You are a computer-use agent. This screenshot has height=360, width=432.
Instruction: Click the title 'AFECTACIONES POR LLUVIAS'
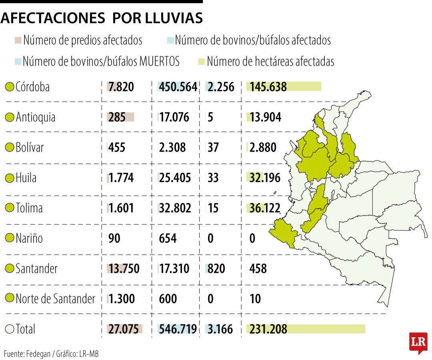(102, 18)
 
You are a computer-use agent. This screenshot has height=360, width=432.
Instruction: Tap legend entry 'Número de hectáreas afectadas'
(270, 61)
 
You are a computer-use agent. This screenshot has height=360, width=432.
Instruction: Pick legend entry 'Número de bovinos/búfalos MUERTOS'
(101, 61)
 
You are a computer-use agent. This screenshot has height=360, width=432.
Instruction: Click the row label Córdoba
(32, 87)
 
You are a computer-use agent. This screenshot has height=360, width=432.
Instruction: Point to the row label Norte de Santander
(55, 298)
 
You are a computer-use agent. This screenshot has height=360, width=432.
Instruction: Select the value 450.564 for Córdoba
(178, 87)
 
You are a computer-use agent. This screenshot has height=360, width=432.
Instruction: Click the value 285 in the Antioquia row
(117, 117)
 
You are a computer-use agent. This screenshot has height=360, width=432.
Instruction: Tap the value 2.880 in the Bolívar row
(263, 148)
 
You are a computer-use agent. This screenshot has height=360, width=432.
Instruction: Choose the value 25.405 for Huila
(175, 178)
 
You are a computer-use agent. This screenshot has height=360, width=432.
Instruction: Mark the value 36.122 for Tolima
(264, 208)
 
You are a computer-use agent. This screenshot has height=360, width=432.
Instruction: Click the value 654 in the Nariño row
(168, 238)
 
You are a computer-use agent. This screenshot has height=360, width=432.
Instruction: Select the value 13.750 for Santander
(124, 268)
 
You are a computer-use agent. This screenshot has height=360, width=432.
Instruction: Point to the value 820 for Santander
(216, 268)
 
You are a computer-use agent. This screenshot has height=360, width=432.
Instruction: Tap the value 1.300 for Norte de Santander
(122, 298)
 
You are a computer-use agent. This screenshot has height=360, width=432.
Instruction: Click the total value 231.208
(268, 329)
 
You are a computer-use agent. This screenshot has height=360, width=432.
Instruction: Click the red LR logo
(418, 342)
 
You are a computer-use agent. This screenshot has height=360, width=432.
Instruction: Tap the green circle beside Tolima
(10, 208)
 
